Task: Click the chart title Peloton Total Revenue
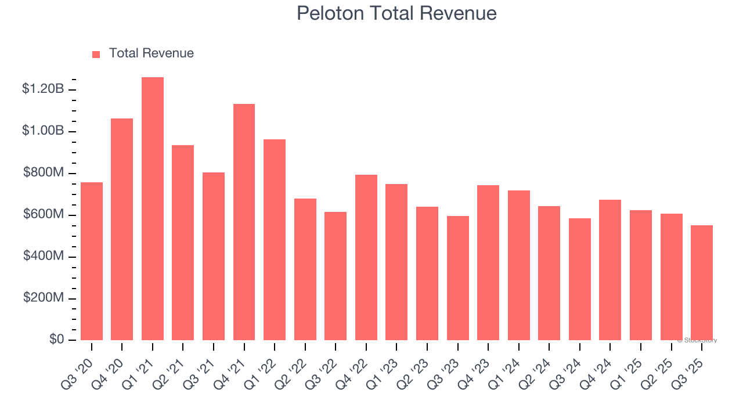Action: (x=396, y=13)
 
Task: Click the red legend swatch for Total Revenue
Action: (x=96, y=54)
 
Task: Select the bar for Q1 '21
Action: (x=153, y=209)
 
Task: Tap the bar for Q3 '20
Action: (x=92, y=261)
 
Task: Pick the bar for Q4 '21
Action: (x=244, y=222)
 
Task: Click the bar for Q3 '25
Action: (x=702, y=283)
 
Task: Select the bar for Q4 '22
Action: (x=366, y=258)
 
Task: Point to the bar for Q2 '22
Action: (x=305, y=269)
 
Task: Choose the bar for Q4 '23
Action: (x=488, y=263)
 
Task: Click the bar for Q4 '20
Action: (x=122, y=229)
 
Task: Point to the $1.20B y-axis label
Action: (x=43, y=89)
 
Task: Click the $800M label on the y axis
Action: (x=44, y=173)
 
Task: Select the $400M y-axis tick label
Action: (x=44, y=256)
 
